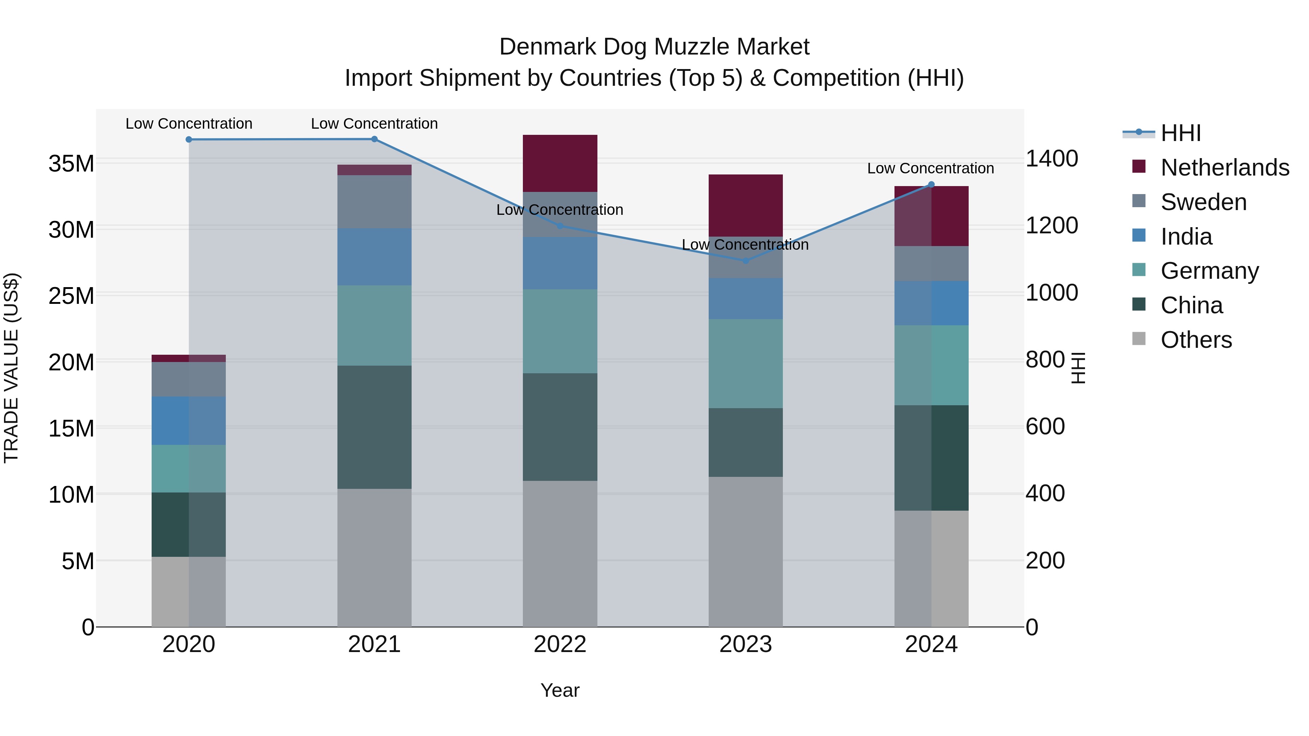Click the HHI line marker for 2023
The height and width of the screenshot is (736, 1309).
[745, 261]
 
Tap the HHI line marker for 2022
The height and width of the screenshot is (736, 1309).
[560, 225]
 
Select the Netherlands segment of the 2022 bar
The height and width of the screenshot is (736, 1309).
[560, 163]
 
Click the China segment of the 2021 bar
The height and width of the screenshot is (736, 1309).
[375, 427]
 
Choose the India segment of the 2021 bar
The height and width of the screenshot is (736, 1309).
[375, 257]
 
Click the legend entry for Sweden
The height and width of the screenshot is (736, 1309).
[1203, 202]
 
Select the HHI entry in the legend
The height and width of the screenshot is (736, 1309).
[1180, 133]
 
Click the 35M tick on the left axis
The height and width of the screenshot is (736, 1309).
[71, 164]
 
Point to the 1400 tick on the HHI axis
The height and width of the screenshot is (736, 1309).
[1051, 158]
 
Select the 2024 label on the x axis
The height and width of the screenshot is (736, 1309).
[931, 644]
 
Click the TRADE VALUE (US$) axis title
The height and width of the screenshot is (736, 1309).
[11, 368]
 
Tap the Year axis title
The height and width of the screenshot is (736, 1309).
[560, 690]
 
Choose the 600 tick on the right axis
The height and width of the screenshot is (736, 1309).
[1045, 427]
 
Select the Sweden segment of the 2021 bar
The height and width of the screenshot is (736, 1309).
[375, 202]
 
